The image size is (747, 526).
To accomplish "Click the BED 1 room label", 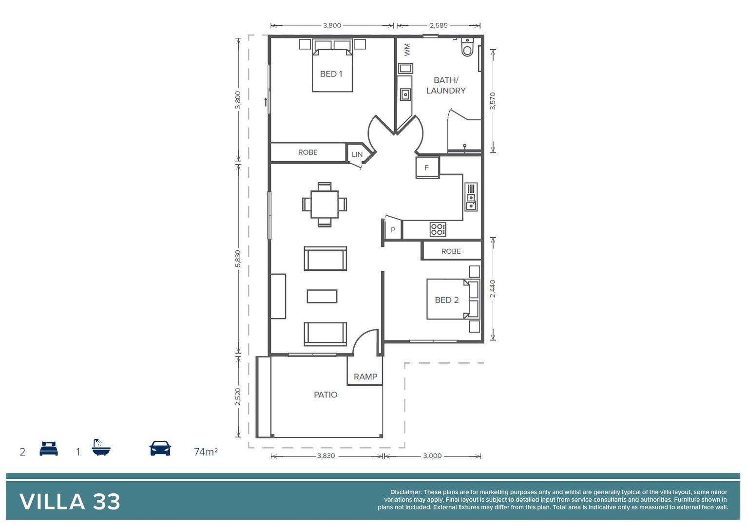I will pyautogui.click(x=331, y=74).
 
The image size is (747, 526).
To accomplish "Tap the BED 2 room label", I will pyautogui.click(x=446, y=300).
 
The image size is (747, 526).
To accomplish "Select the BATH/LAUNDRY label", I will pyautogui.click(x=446, y=85).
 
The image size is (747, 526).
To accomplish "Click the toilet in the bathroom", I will pyautogui.click(x=467, y=47).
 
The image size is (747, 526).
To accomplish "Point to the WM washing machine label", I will pyautogui.click(x=407, y=49).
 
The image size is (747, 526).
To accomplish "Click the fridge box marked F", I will pyautogui.click(x=427, y=168).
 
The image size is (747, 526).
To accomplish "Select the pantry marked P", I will pyautogui.click(x=393, y=230).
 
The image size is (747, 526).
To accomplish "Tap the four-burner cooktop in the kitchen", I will pyautogui.click(x=438, y=229).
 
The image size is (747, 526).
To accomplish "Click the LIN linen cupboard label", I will pyautogui.click(x=357, y=154).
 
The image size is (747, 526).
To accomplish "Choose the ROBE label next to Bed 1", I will pyautogui.click(x=307, y=152).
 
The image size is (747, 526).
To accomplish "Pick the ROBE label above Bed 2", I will pyautogui.click(x=451, y=251).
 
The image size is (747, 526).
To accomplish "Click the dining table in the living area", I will pyautogui.click(x=325, y=205).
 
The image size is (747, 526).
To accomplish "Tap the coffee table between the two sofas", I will pyautogui.click(x=322, y=296).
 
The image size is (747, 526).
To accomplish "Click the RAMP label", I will pyautogui.click(x=365, y=376).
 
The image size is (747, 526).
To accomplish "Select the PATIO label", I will pyautogui.click(x=325, y=394).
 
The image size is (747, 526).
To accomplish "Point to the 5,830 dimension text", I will pyautogui.click(x=238, y=259).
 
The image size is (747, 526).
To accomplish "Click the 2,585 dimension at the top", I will pyautogui.click(x=438, y=25).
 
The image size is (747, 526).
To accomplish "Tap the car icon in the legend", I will pyautogui.click(x=160, y=448).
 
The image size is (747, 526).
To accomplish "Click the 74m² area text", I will pyautogui.click(x=206, y=451).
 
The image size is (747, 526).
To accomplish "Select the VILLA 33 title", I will pyautogui.click(x=70, y=502).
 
